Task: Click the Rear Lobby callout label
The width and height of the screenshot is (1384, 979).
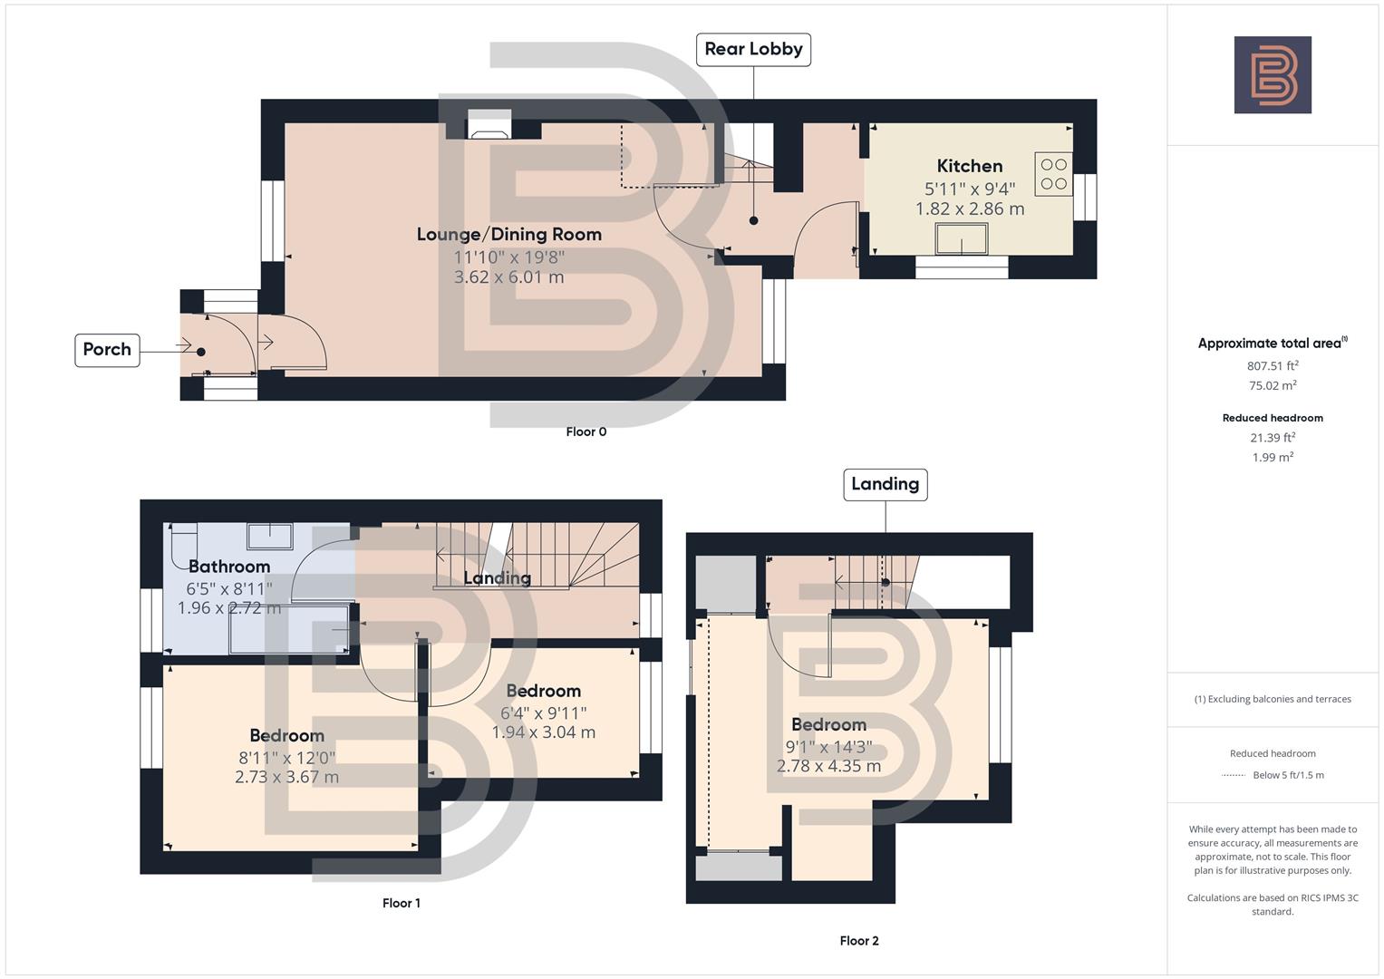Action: (x=753, y=49)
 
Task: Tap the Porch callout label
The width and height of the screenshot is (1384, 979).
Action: (x=107, y=349)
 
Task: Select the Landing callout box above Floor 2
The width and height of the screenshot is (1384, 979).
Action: (x=885, y=484)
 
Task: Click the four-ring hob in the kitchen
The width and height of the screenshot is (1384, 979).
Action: (x=1053, y=174)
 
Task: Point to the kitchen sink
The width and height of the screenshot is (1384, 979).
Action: (x=962, y=239)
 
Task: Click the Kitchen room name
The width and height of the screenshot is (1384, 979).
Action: (x=969, y=166)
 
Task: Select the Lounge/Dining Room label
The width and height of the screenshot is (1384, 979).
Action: (x=508, y=234)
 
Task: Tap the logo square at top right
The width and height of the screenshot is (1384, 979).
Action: (x=1273, y=75)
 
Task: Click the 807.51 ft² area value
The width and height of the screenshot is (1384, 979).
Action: (x=1273, y=366)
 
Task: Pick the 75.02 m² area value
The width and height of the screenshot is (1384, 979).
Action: (x=1273, y=385)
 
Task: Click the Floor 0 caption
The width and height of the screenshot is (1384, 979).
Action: (x=586, y=431)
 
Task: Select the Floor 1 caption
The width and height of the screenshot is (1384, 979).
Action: (x=401, y=903)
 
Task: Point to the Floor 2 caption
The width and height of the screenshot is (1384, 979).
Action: (x=858, y=941)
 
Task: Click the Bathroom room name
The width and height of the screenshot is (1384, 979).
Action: (x=229, y=567)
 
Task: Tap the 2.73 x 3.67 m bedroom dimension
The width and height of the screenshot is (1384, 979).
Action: (x=286, y=777)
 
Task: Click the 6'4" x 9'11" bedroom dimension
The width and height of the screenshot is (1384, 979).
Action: (x=543, y=713)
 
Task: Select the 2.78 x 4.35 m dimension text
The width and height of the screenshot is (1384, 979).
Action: (x=828, y=766)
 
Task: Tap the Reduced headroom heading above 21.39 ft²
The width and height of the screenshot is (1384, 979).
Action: (x=1273, y=418)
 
